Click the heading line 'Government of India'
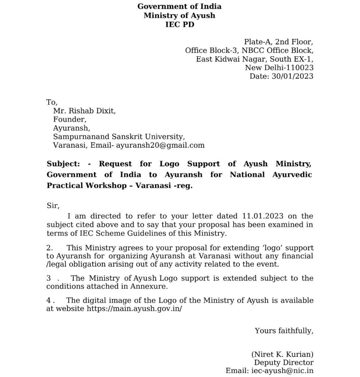[179, 6]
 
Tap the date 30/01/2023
[292, 76]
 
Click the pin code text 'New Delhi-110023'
[279, 67]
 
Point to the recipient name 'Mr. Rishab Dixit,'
[84, 110]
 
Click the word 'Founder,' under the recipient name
[70, 119]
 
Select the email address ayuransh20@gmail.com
[160, 145]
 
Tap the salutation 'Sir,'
[53, 205]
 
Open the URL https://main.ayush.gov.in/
[134, 309]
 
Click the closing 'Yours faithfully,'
[284, 331]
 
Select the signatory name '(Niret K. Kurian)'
[282, 355]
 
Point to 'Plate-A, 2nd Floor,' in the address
[279, 42]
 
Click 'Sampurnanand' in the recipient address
[75, 137]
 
